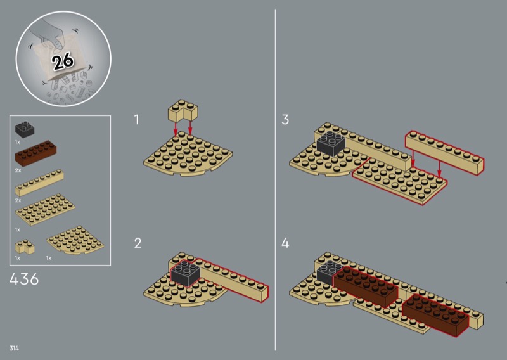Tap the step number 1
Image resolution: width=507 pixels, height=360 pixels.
(137, 119)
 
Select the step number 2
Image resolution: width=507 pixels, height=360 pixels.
(138, 243)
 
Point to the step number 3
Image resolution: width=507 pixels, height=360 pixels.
(285, 119)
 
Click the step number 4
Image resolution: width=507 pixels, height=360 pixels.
(285, 243)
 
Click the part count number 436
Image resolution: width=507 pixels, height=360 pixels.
(24, 279)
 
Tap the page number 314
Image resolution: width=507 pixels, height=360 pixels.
(14, 348)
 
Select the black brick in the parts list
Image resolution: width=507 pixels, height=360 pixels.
(25, 129)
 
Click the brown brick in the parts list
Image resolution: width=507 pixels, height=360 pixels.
(35, 153)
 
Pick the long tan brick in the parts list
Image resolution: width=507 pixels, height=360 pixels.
(39, 183)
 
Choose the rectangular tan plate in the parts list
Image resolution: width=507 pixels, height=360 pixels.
(45, 210)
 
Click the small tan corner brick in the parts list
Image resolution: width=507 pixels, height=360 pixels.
(25, 247)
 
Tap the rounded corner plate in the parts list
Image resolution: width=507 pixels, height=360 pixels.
(75, 240)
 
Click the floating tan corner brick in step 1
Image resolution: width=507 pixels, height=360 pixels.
(183, 111)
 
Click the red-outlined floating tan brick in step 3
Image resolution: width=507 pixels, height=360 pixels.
(445, 152)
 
